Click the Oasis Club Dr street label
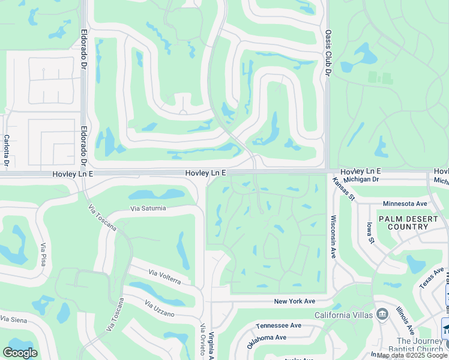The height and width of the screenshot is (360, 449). coord(328,53)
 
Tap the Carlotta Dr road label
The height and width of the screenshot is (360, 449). coord(7,151)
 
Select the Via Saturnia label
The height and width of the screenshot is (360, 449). coord(148,209)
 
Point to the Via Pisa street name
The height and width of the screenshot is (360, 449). coord(43,254)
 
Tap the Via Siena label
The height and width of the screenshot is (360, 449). coord(13,319)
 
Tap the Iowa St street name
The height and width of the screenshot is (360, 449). coord(370,233)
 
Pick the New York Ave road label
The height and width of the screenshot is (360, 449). coord(294,301)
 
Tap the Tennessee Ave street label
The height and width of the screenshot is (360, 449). coord(279,326)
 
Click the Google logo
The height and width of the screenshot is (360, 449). coord(20,352)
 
